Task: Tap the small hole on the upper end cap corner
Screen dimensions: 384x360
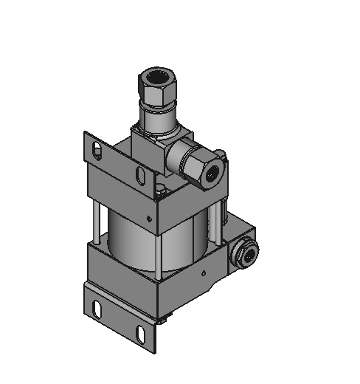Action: tap(150, 218)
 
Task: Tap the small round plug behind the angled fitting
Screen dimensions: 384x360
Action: tap(219, 155)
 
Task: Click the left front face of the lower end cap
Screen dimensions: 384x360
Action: tap(122, 269)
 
